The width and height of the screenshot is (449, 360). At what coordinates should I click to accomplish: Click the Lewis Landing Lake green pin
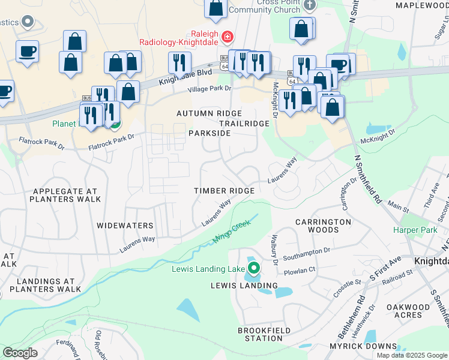tap(254, 268)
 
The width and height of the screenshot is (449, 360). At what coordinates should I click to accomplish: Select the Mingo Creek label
tap(231, 232)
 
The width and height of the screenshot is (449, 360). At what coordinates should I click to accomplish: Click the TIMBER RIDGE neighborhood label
tap(224, 190)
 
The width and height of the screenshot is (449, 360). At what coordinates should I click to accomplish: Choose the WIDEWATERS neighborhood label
tap(125, 226)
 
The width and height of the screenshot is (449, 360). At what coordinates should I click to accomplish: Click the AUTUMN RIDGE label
tap(209, 113)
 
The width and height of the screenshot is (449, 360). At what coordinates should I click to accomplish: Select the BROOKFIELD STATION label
tap(264, 334)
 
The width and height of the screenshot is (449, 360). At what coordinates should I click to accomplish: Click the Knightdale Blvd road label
tap(185, 76)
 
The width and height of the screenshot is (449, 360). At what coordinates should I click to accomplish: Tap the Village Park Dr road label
tap(209, 89)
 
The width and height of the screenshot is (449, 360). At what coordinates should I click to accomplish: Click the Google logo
tap(20, 353)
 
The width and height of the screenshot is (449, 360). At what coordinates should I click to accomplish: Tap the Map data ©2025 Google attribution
tap(411, 355)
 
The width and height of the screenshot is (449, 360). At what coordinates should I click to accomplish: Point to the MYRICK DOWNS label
tap(363, 346)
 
